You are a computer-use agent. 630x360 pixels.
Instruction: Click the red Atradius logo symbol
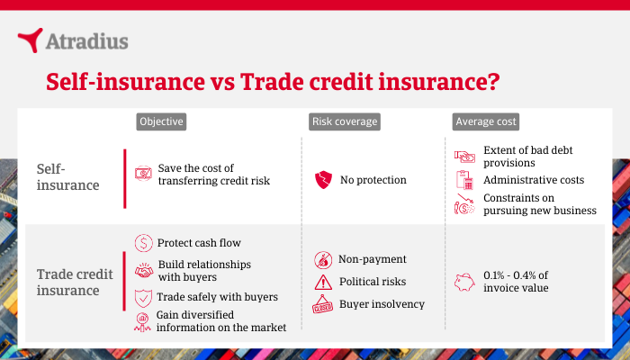30,40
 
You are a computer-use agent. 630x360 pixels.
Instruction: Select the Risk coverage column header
345,121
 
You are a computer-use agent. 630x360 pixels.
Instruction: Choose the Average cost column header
485,121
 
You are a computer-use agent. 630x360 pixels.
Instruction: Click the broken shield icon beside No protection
322,180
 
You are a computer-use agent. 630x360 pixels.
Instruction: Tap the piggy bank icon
464,281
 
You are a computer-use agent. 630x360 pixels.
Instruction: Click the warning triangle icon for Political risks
322,283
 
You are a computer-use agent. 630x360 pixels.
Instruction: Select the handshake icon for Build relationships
143,270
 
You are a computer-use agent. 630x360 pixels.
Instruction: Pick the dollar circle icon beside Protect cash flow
143,243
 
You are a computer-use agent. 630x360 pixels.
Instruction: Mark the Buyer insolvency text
382,304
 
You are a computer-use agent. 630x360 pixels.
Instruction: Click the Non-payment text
373,259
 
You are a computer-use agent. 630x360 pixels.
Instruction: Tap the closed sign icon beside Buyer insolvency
322,306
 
